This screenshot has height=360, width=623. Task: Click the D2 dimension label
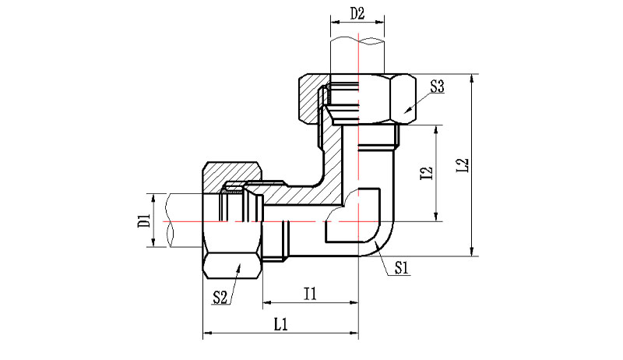point(357,13)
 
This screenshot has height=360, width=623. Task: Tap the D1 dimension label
point(144,221)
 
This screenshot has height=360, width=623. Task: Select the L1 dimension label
point(281,324)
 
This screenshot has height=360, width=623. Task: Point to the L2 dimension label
point(462,165)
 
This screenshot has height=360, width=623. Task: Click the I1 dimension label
point(310,294)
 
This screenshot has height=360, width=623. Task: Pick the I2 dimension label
point(426,172)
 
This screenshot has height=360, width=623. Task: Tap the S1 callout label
point(401,268)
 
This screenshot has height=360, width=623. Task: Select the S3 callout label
point(437,86)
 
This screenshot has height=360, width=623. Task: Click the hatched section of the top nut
point(312,97)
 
